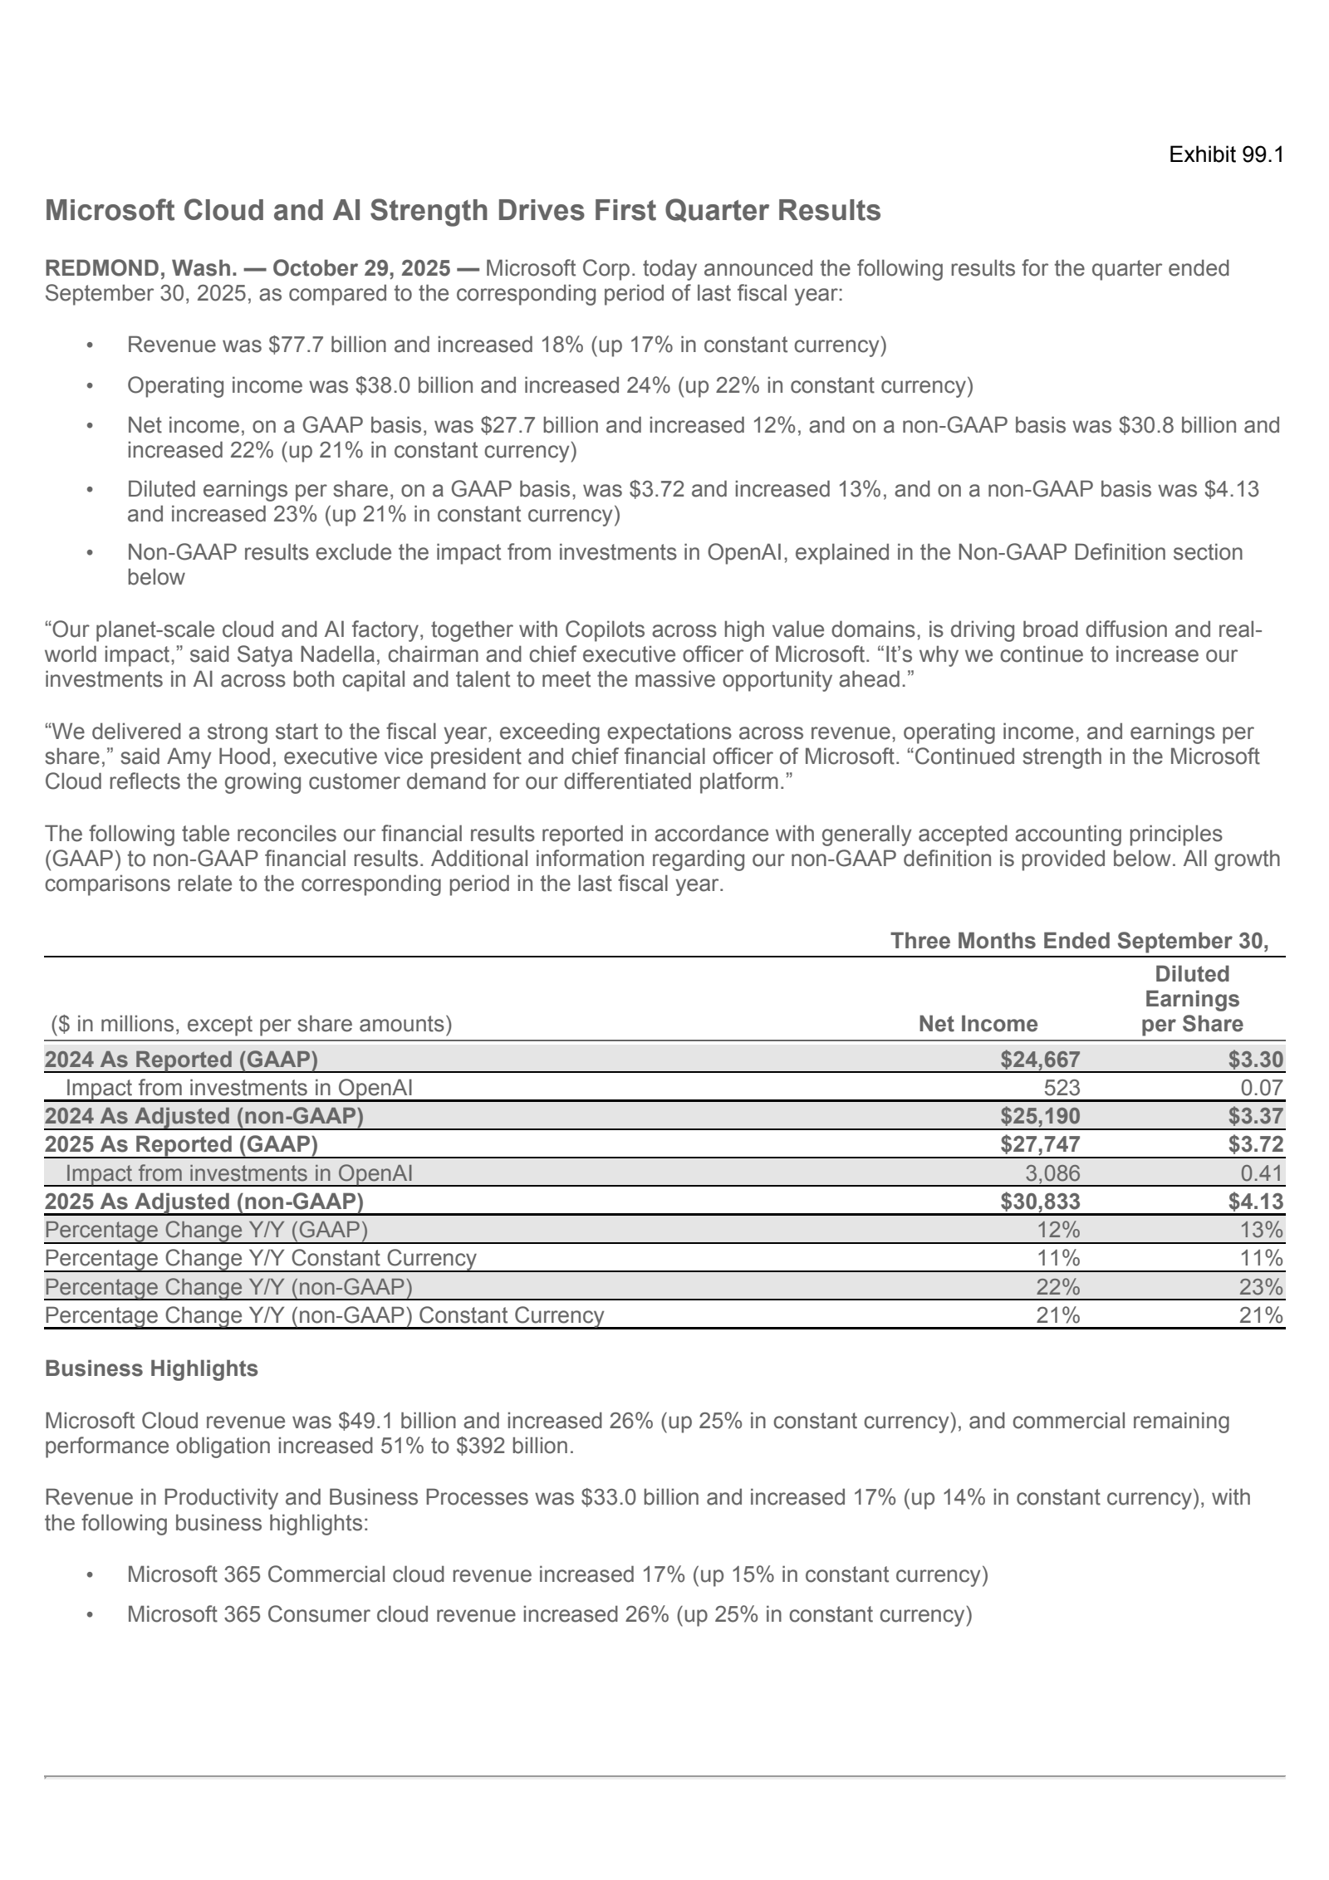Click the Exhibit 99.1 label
click(1226, 155)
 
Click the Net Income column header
click(978, 1024)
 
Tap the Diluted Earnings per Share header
click(1192, 999)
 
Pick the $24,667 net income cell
click(1040, 1060)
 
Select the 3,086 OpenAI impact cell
click(1051, 1173)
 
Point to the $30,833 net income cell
click(1040, 1202)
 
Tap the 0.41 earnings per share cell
click(1264, 1173)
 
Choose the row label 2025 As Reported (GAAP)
click(181, 1144)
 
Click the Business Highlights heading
click(151, 1368)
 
